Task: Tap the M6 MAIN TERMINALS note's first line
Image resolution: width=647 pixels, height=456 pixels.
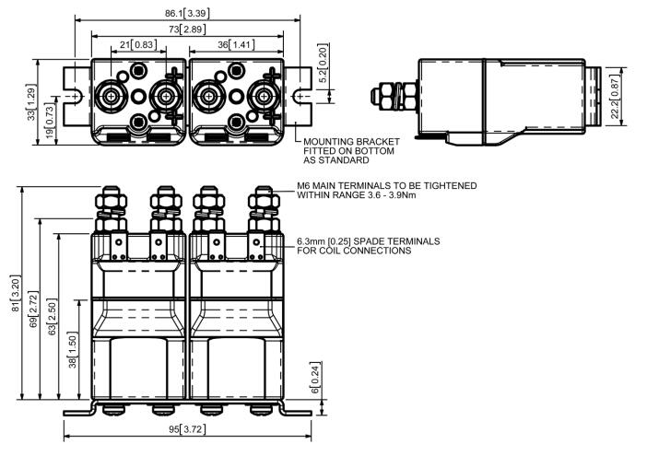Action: pos(387,186)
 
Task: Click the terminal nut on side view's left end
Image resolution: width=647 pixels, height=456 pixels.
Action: pos(380,95)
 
